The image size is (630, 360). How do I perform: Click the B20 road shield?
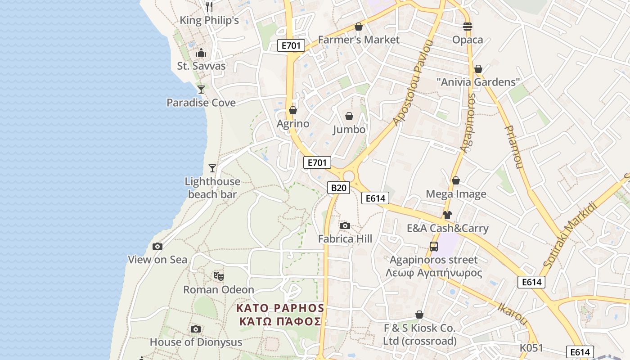338,188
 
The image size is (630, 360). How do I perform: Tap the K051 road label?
531,348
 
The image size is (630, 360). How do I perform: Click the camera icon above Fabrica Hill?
345,225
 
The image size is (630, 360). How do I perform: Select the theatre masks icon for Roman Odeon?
219,276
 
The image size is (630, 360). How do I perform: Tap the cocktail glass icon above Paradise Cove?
201,89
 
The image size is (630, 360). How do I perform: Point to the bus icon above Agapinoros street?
434,247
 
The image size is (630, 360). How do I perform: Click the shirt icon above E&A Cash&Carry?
447,215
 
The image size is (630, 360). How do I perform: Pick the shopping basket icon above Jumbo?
349,116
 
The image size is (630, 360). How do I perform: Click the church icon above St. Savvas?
201,53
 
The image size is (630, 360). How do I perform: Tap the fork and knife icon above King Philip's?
209,6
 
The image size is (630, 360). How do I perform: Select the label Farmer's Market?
359,40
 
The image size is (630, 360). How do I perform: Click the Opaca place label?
468,40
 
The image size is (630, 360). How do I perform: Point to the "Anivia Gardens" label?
478,82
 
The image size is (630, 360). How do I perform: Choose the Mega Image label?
456,194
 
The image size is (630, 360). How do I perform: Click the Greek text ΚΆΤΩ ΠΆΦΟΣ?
280,321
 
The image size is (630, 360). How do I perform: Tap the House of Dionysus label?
196,342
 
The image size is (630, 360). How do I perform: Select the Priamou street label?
513,146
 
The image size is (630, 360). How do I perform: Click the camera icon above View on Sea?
157,246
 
